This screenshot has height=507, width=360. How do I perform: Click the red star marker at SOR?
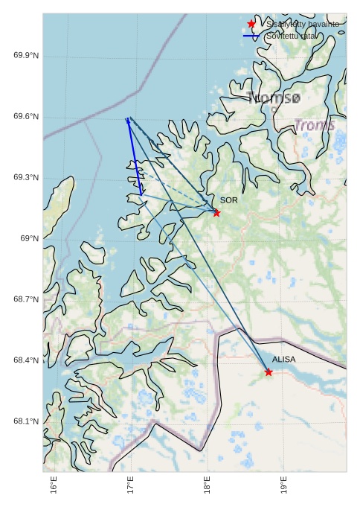[x=216, y=213]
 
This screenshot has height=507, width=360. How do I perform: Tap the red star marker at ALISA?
[x=269, y=372]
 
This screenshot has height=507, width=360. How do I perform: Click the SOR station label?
[x=229, y=200]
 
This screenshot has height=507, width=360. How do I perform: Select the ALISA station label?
[x=283, y=360]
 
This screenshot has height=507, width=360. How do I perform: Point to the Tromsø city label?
[x=274, y=98]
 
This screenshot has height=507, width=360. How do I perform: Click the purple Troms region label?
[x=315, y=125]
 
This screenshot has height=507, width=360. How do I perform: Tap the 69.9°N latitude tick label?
[x=26, y=56]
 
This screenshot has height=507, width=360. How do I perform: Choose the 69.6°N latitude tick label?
[x=26, y=117]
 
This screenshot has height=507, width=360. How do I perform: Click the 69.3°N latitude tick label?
[x=26, y=178]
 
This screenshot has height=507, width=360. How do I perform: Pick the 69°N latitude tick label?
[x=29, y=238]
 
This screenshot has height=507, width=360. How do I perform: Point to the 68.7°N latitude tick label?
[x=26, y=299]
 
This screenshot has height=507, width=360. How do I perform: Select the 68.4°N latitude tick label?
[x=26, y=360]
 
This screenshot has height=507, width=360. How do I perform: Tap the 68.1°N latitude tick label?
[x=26, y=421]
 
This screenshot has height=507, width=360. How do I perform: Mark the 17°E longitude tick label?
[x=132, y=486]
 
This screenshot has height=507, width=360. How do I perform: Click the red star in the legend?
[x=251, y=24]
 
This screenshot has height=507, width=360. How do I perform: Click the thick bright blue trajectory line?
[x=134, y=156]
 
